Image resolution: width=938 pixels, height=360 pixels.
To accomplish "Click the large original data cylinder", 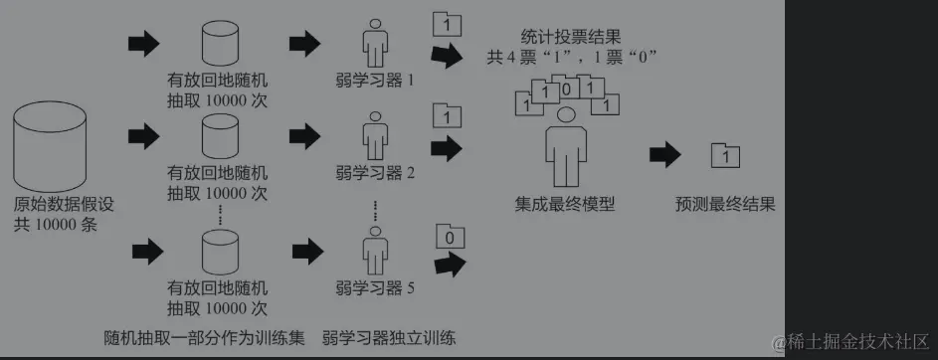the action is click(50, 146).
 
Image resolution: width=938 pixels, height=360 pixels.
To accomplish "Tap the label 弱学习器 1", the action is click(375, 81).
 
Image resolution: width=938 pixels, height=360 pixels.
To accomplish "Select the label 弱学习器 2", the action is click(375, 173).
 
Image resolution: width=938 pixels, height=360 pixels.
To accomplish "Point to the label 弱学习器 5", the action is click(375, 288).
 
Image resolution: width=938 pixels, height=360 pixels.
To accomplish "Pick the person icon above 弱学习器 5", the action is click(375, 251).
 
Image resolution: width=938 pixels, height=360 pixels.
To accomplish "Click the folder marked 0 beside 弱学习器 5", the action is click(451, 237).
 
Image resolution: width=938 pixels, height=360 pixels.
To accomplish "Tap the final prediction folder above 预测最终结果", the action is click(725, 157).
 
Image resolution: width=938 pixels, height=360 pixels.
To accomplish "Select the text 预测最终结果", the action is click(725, 205).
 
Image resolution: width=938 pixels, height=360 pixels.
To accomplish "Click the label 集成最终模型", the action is click(565, 205).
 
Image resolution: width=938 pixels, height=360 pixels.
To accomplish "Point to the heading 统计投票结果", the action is click(571, 37).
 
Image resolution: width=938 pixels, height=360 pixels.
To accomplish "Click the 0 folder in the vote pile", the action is click(567, 89).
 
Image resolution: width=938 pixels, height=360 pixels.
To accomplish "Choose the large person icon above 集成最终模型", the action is click(566, 148).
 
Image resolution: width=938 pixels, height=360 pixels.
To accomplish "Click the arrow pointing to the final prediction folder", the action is click(665, 155).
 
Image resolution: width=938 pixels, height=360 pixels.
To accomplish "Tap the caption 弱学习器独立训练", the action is click(389, 338).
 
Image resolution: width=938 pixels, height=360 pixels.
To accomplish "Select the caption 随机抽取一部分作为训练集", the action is click(204, 338).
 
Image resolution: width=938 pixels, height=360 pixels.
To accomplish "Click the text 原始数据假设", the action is click(64, 205).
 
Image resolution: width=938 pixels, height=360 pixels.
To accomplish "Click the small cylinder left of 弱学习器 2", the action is click(220, 137).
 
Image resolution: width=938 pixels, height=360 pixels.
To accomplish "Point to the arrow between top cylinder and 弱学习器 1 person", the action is click(305, 44).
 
